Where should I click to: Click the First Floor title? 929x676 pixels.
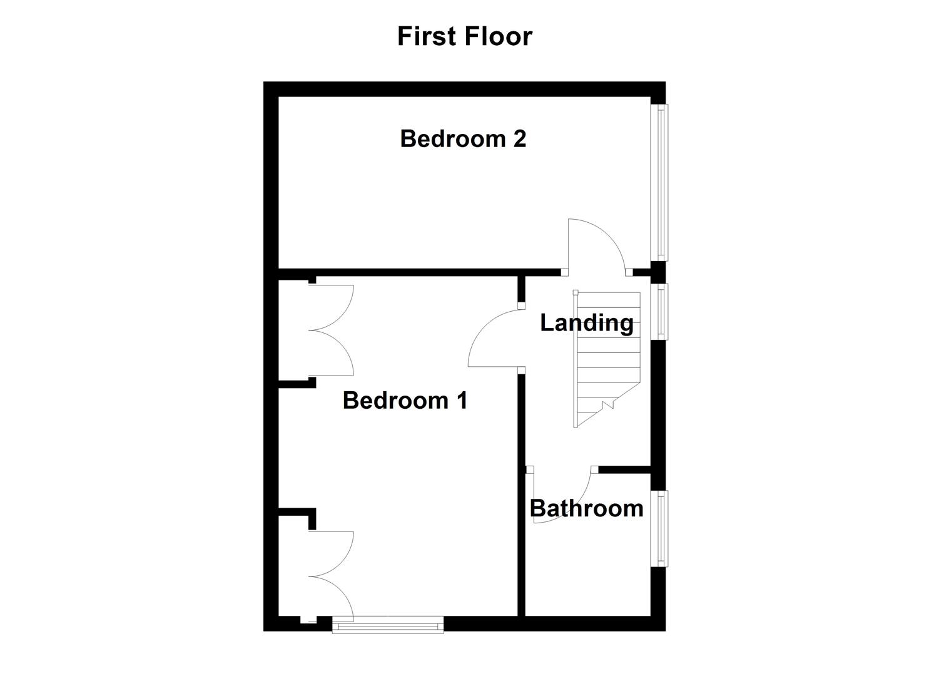pos(464,36)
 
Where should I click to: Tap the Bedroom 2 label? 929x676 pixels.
pos(463,138)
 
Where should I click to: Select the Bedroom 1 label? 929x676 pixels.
pos(405,400)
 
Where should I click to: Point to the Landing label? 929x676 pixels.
pos(586,323)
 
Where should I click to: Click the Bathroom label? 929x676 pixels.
pos(586,508)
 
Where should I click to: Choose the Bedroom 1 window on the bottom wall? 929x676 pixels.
pos(388,625)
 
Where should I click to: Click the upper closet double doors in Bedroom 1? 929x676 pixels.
pos(332,330)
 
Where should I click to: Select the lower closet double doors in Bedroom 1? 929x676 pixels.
pos(332,576)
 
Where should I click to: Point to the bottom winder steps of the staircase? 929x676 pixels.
pos(601,407)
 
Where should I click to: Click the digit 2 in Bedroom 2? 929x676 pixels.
pos(519,138)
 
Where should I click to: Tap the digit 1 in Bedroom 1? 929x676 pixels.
pos(461,400)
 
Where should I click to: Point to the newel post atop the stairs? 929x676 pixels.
pos(576,292)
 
